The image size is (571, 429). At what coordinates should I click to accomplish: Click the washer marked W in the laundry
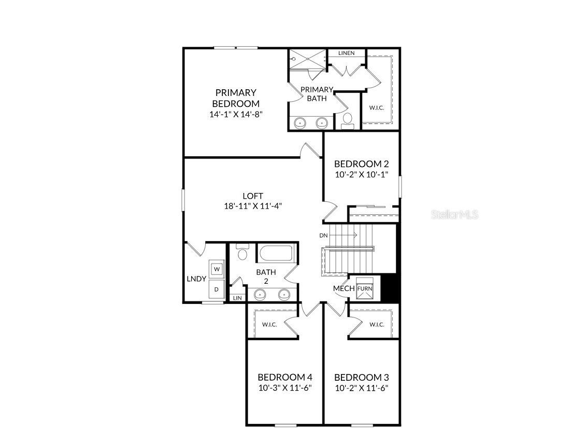tap(217, 269)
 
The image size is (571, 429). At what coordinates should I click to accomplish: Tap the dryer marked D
tap(217, 289)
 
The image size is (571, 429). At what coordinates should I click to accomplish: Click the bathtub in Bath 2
tap(276, 254)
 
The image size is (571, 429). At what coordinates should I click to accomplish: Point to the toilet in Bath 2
tap(242, 253)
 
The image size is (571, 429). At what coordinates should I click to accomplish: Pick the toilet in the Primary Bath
tap(347, 120)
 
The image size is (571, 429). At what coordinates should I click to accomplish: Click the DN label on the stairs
tap(324, 236)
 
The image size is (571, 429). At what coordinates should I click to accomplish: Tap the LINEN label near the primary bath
tap(346, 53)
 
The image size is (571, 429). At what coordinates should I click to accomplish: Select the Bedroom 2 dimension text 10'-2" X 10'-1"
tap(361, 175)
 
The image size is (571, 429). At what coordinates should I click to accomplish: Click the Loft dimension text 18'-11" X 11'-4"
tap(253, 206)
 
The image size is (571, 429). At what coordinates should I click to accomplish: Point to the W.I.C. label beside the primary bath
tap(376, 108)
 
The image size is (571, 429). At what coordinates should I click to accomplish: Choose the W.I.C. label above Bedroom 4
tap(269, 325)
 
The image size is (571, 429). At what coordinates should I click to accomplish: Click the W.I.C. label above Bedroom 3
tap(377, 325)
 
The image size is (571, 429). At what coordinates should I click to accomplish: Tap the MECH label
tap(344, 288)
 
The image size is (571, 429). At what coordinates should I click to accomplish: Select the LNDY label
tap(196, 279)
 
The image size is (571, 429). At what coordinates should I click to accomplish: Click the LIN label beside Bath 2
tap(237, 298)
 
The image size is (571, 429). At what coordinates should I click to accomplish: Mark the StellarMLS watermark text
tap(454, 214)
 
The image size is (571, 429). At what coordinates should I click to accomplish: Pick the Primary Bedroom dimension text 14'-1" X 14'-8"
tap(236, 115)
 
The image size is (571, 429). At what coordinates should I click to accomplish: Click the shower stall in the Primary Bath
tap(307, 58)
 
